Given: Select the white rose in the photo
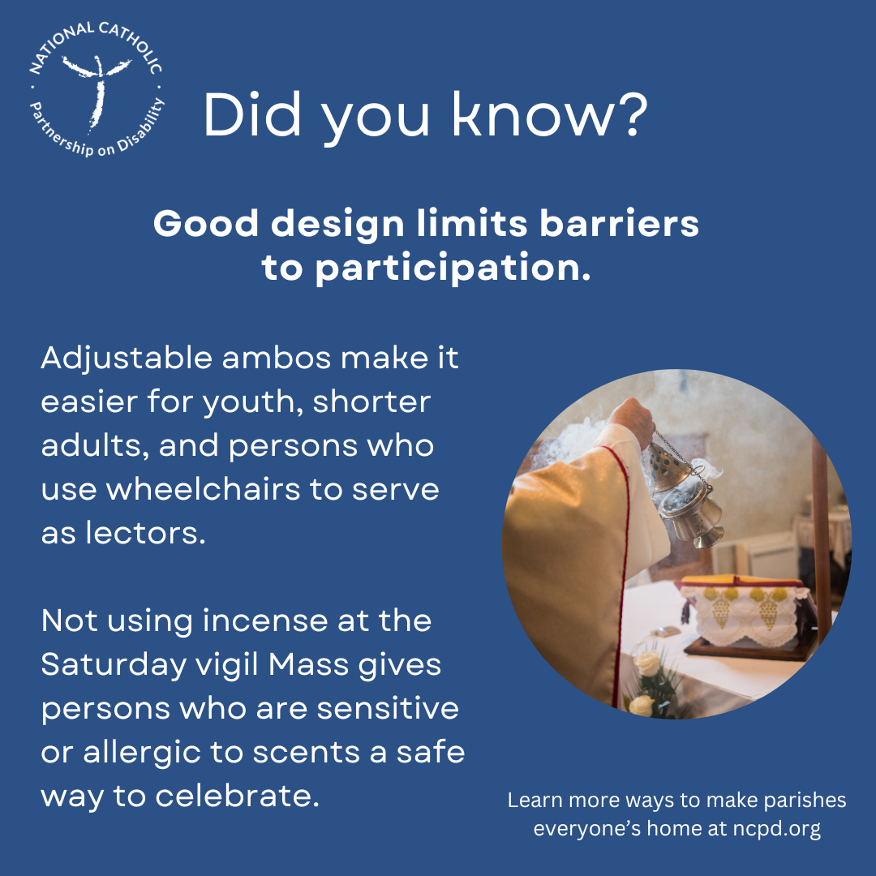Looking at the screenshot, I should coord(646,665).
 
